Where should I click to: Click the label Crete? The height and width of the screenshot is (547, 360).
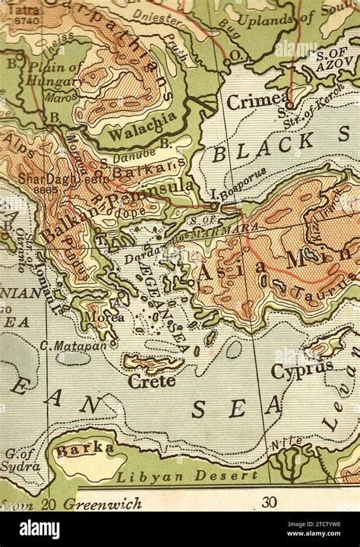coord(152,381)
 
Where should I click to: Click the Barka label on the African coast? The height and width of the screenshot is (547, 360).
coord(84,449)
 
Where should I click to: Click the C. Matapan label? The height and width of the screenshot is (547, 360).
coord(74,346)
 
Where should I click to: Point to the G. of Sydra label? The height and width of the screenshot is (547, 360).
coord(21,460)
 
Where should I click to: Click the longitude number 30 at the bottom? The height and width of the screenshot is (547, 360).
coord(269,502)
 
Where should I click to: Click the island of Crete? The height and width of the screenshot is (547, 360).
coord(152,364)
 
